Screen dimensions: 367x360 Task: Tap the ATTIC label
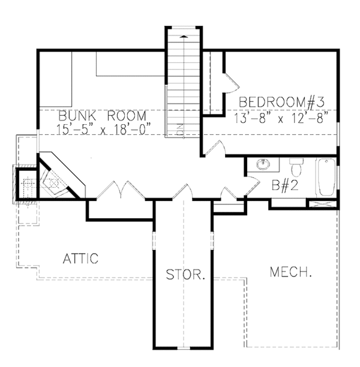(80, 258)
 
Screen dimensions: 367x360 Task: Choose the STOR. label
(185, 276)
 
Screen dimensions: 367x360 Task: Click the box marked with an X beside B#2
(321, 203)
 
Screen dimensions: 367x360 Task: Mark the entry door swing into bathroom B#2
(230, 193)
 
